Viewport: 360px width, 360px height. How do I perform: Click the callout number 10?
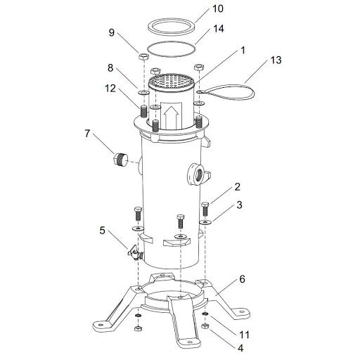pos(218,8)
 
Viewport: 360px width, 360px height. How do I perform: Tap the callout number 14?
pos(219,29)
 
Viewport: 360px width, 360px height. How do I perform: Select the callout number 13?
pos(276,60)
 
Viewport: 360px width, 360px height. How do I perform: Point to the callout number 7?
pos(87,134)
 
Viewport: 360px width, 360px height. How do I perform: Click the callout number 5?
pos(103,231)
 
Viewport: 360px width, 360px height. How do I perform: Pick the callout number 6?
pos(242,279)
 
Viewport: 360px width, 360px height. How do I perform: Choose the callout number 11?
pos(244,335)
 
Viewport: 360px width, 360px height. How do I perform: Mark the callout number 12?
pos(110,89)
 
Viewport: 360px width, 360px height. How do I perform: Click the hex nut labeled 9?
pos(143,57)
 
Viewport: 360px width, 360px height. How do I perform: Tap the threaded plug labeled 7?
pos(120,159)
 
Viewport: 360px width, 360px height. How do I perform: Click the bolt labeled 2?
pos(205,209)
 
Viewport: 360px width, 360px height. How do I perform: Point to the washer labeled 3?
pos(205,221)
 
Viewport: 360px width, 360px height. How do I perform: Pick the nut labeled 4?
pos(205,326)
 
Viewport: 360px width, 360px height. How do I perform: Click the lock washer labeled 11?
pos(205,314)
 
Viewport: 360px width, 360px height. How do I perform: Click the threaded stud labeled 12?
pos(143,112)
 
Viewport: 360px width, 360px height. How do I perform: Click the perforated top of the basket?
pos(172,81)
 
